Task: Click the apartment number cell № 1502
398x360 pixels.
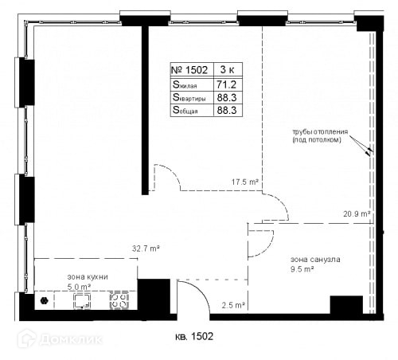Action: (x=189, y=70)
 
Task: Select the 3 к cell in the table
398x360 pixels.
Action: (x=228, y=69)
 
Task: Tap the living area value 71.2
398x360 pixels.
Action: (x=226, y=84)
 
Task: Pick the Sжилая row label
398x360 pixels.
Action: (x=185, y=84)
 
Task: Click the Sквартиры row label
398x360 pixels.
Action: (x=189, y=97)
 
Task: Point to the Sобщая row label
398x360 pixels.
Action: (x=185, y=110)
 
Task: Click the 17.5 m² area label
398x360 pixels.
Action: (x=244, y=182)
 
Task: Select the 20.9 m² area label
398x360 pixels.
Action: (x=357, y=213)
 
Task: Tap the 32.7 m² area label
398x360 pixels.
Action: (x=146, y=248)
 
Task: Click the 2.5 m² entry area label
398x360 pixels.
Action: (x=233, y=305)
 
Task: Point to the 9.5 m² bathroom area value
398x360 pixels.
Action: (x=302, y=269)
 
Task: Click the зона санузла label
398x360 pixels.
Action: (x=315, y=260)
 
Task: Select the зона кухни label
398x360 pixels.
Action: (x=88, y=277)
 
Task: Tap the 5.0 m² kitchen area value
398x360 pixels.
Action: (x=79, y=287)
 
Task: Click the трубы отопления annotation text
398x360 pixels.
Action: (x=320, y=132)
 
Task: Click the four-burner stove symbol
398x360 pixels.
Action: (x=119, y=300)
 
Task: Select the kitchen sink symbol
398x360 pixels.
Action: (x=82, y=301)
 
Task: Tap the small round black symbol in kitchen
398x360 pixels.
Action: (x=44, y=301)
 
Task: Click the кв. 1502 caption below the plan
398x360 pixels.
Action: (x=194, y=337)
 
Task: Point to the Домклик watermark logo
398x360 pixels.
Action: (x=60, y=338)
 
